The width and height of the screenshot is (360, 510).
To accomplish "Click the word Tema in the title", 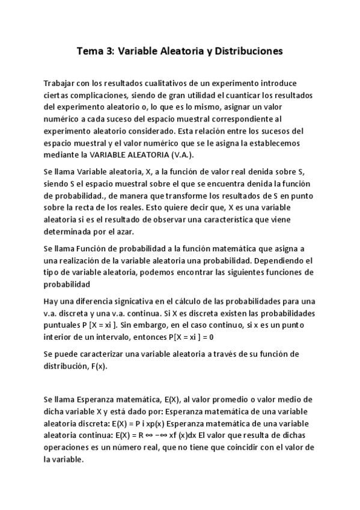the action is [90, 52].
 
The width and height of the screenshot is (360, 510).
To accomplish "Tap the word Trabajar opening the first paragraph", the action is [62, 83].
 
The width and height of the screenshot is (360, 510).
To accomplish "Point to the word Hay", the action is [51, 301].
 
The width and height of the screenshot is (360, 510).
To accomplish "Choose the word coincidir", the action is [252, 447].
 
